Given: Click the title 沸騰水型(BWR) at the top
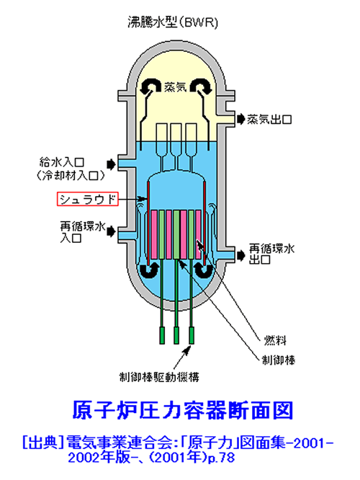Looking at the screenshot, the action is pyautogui.click(x=173, y=22).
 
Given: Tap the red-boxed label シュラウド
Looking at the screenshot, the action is pyautogui.click(x=88, y=199).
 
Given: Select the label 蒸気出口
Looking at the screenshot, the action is pyautogui.click(x=269, y=119).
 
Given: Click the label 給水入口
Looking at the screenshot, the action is pyautogui.click(x=62, y=163).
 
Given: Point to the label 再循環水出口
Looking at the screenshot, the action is pyautogui.click(x=271, y=254).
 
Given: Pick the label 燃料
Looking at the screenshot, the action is pyautogui.click(x=275, y=339).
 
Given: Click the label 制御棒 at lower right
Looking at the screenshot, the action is pyautogui.click(x=279, y=360).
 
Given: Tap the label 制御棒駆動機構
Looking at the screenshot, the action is pyautogui.click(x=159, y=377).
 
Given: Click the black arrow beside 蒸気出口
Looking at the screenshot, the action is pyautogui.click(x=241, y=119).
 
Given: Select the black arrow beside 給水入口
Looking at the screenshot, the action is pyautogui.click(x=111, y=164).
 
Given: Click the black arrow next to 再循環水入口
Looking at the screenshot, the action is pyautogui.click(x=111, y=232).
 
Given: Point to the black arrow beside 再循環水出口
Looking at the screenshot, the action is pyautogui.click(x=241, y=255).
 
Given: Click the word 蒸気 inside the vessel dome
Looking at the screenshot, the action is pyautogui.click(x=175, y=87).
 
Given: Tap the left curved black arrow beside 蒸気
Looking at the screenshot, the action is pyautogui.click(x=150, y=86).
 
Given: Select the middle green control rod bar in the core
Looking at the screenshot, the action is pyautogui.click(x=176, y=235).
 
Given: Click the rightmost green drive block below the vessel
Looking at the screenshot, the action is pyautogui.click(x=192, y=335).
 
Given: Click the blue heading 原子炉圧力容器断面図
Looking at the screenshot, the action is pyautogui.click(x=183, y=410).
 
